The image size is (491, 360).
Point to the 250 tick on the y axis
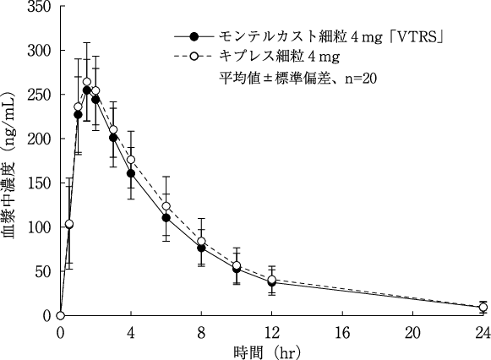[x=40, y=95]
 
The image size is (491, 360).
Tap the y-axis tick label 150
[x=40, y=183]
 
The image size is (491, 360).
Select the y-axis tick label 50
[x=43, y=271]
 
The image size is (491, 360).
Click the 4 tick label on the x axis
[x=131, y=331]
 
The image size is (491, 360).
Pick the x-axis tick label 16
[x=341, y=331]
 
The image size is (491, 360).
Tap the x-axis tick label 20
[x=412, y=331]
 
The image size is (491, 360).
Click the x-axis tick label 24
[x=483, y=331]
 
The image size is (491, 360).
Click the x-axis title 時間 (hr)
[x=272, y=350]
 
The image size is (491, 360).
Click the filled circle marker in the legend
[x=194, y=38]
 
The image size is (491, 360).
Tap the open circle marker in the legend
[x=194, y=57]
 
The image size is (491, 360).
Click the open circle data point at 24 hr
[x=483, y=307]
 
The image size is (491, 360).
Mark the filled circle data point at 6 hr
[x=166, y=218]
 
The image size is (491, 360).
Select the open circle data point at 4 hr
[x=131, y=160]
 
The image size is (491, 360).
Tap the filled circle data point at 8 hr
[x=201, y=248]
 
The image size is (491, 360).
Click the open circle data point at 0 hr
[x=60, y=315]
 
